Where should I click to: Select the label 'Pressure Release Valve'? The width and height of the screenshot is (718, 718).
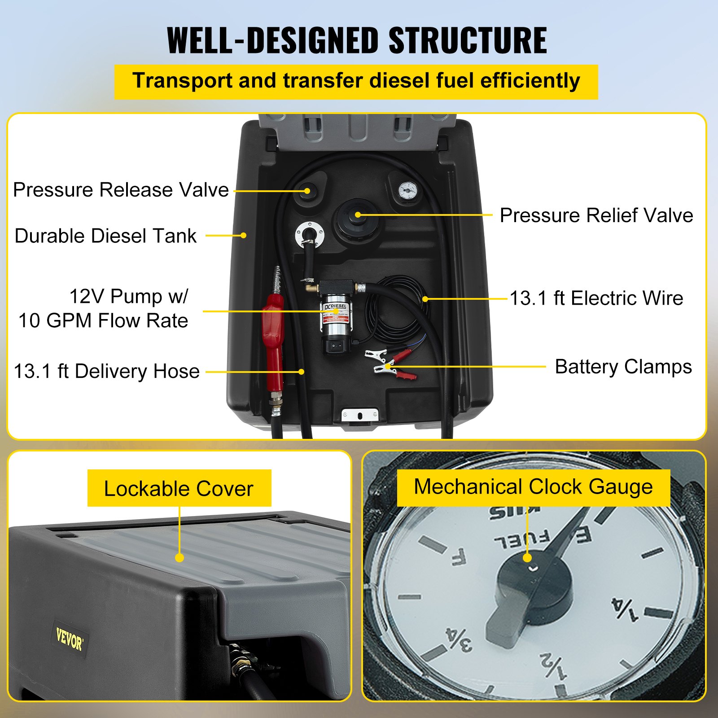tap(121, 190)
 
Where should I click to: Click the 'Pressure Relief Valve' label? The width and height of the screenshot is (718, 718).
tap(596, 215)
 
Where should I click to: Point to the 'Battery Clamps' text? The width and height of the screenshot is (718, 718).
tap(623, 367)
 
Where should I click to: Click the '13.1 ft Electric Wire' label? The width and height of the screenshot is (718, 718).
tap(596, 298)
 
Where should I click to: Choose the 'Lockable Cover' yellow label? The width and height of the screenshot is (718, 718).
tap(179, 488)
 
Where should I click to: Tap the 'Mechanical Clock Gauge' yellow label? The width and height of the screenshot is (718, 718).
tap(533, 487)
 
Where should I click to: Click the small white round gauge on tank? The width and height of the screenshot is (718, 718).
tap(407, 190)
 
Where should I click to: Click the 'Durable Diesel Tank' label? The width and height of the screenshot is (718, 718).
tap(105, 236)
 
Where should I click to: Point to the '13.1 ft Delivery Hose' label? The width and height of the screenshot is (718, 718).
tap(107, 372)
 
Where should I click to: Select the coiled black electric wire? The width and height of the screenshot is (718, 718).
tap(395, 310)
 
